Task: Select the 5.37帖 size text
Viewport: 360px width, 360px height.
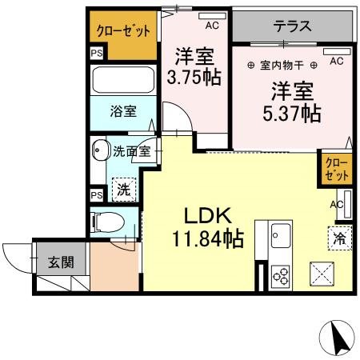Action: click(x=294, y=113)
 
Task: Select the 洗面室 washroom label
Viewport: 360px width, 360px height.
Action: click(x=130, y=150)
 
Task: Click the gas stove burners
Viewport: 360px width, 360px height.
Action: click(x=282, y=274)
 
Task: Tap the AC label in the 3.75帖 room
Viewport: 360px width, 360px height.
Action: click(x=211, y=26)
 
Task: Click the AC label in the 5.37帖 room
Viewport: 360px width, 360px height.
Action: click(x=336, y=62)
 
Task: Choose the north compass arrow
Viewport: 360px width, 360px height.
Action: click(x=339, y=337)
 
